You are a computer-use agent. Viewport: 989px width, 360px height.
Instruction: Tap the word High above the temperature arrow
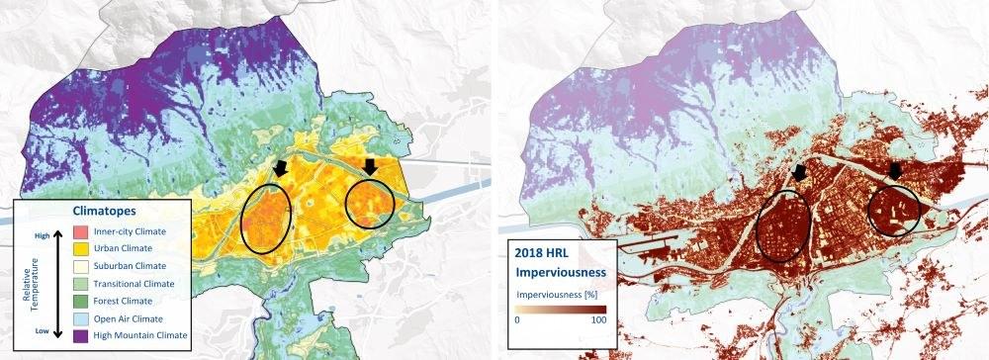tap(42, 235)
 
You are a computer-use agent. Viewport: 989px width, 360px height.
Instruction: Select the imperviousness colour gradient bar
tap(559, 310)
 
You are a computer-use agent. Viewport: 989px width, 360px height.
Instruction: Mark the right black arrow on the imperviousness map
tap(895, 170)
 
